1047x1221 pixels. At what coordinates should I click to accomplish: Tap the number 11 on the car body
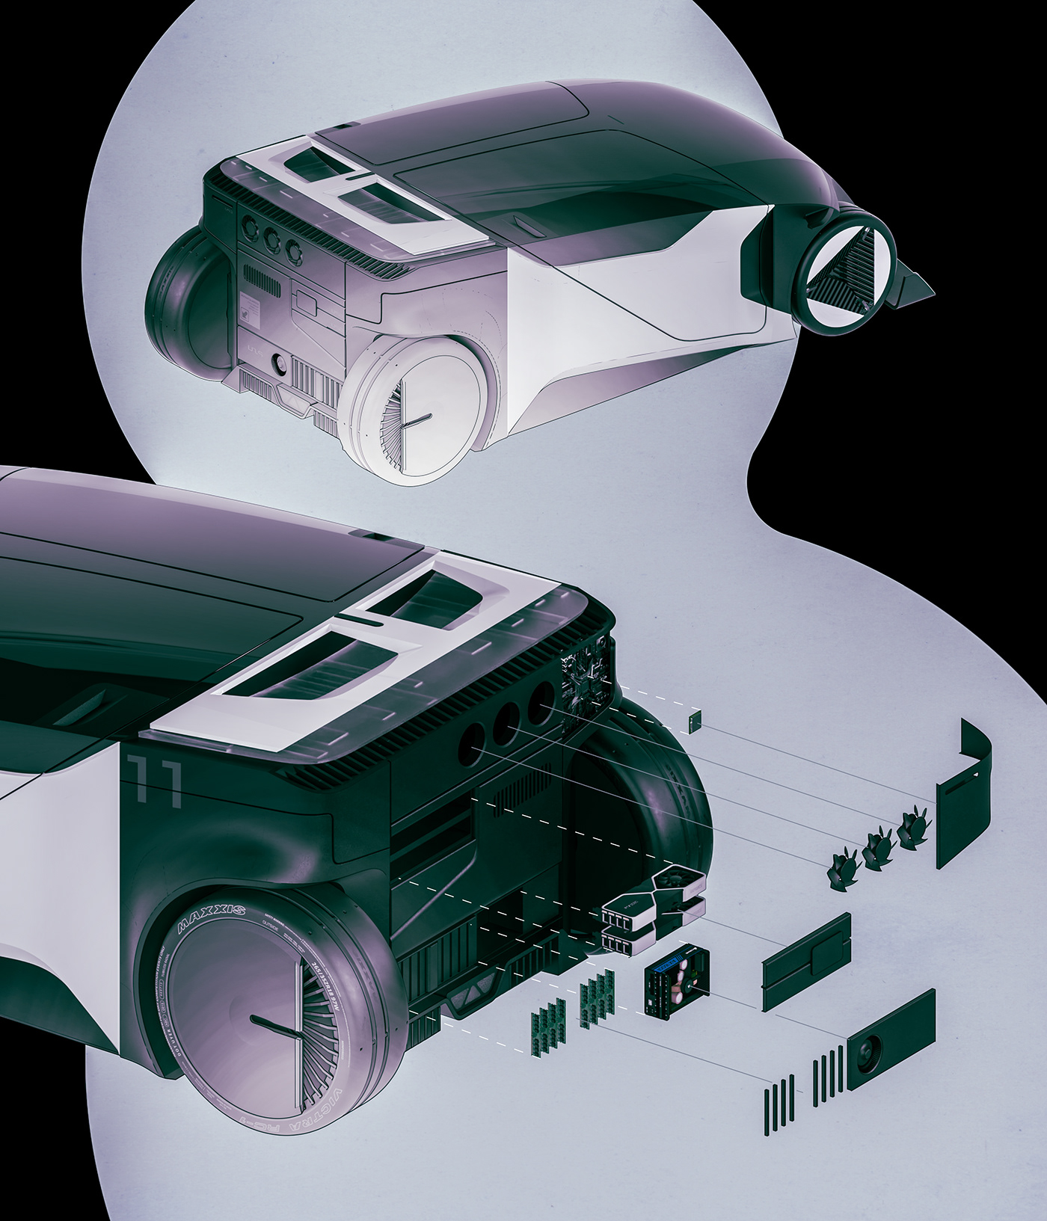click(x=155, y=781)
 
